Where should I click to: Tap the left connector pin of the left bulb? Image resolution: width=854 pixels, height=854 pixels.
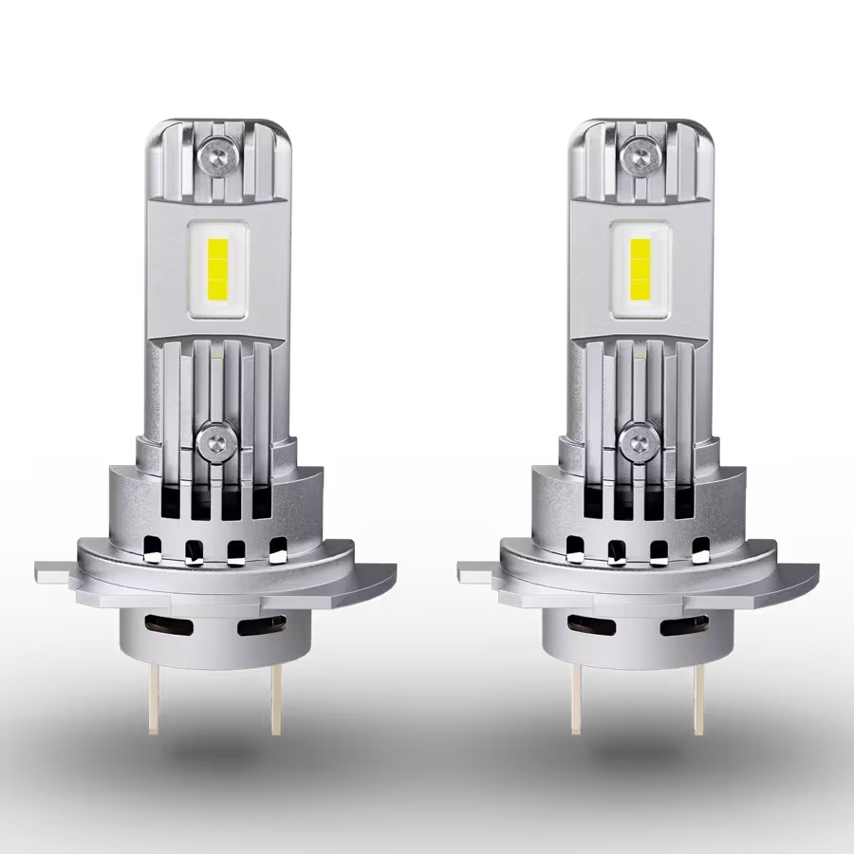click(x=151, y=697)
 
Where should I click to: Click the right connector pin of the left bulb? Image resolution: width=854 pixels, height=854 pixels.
click(x=275, y=697)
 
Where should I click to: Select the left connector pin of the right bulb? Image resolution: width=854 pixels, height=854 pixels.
click(x=574, y=697)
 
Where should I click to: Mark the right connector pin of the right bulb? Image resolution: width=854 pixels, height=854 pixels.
click(x=698, y=697)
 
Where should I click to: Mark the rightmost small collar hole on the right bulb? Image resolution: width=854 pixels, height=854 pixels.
click(x=701, y=548)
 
